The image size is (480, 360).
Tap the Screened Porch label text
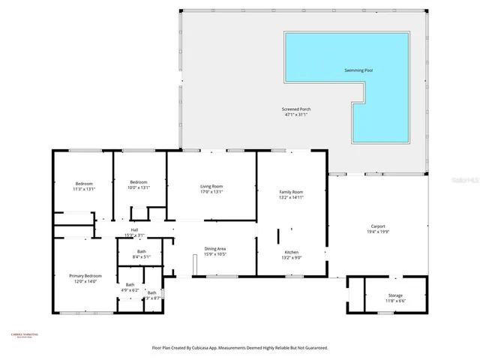pyautogui.click(x=297, y=109)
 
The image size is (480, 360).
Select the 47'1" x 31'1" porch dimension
pyautogui.click(x=297, y=115)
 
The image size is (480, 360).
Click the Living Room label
pyautogui.click(x=211, y=186)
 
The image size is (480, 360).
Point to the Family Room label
pyautogui.click(x=291, y=192)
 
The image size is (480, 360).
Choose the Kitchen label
pyautogui.click(x=291, y=252)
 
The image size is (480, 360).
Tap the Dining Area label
pyautogui.click(x=216, y=248)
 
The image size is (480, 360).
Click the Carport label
pyautogui.click(x=378, y=226)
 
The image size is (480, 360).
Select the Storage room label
pyautogui.click(x=395, y=295)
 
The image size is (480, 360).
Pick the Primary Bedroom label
pyautogui.click(x=85, y=276)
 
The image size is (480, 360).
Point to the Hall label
pyautogui.click(x=135, y=230)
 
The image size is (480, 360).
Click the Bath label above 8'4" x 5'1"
pyautogui.click(x=141, y=251)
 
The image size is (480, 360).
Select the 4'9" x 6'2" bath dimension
pyautogui.click(x=130, y=289)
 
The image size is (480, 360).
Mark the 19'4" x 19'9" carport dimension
pyautogui.click(x=378, y=232)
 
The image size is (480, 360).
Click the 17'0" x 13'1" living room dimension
pyautogui.click(x=211, y=191)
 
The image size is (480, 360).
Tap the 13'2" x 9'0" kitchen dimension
pyautogui.click(x=291, y=257)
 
